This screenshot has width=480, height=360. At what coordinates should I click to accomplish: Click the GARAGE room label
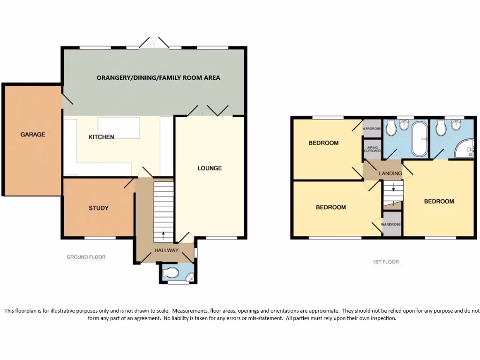(x=33, y=135)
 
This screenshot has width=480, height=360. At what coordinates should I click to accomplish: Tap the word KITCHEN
(x=101, y=137)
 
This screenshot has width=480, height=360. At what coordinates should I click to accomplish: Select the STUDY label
(x=98, y=208)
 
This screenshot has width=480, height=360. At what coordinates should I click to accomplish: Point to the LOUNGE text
(x=210, y=168)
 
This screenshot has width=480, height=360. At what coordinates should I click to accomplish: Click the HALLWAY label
(x=166, y=250)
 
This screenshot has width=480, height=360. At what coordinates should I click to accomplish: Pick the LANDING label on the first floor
(x=390, y=173)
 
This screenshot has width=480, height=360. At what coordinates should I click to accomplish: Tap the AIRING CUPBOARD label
(x=373, y=149)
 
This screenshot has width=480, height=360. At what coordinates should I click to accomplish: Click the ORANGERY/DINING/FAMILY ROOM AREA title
(x=158, y=78)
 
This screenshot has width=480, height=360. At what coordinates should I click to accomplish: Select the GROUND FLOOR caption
(x=86, y=257)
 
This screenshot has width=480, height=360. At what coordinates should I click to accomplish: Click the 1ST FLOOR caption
(x=386, y=262)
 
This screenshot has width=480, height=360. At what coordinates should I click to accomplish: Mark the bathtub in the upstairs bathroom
(x=419, y=139)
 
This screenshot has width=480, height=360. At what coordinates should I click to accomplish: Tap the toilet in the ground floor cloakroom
(x=171, y=272)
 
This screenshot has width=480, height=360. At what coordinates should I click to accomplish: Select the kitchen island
(x=119, y=128)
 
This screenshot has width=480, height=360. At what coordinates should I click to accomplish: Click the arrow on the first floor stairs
(x=394, y=189)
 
